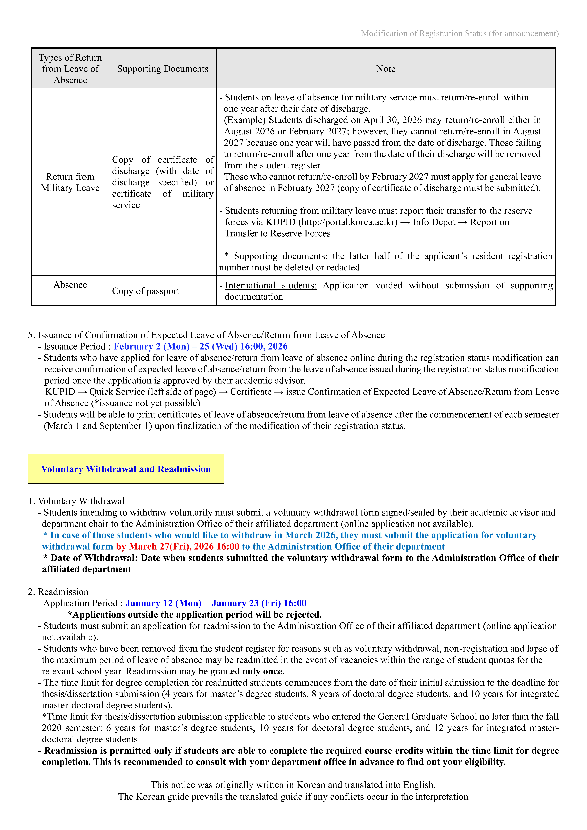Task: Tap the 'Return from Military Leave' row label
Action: [70, 182]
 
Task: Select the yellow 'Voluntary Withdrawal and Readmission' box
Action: [126, 469]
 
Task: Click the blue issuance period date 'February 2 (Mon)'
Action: [151, 346]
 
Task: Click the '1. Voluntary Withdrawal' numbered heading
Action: [76, 501]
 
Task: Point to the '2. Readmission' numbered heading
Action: [58, 592]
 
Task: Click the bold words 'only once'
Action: [262, 671]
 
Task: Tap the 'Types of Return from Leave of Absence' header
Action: [70, 69]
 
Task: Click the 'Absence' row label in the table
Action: [70, 285]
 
